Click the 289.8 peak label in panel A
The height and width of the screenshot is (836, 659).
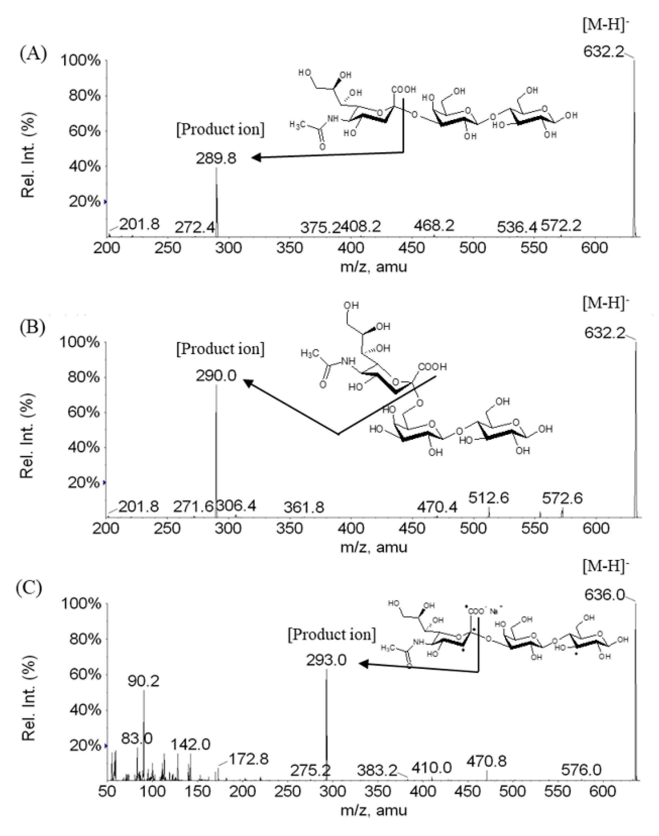pos(216,158)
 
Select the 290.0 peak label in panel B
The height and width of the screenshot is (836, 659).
pos(216,375)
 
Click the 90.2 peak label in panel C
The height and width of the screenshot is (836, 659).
pos(144,681)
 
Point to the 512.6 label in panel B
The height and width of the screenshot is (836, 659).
pos(488,498)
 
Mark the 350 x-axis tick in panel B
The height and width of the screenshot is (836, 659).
pos(290,528)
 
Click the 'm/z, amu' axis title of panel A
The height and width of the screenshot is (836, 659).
pos(373,266)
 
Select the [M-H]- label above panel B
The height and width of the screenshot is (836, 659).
pos(605,303)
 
